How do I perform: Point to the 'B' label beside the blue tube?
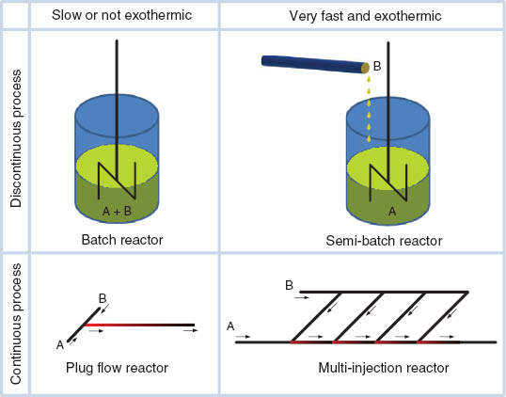tap(377, 66)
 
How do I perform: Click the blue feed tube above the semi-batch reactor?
tap(311, 64)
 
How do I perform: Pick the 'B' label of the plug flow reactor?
tap(103, 298)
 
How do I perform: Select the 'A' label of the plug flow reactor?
tap(60, 344)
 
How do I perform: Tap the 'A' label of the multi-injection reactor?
tap(230, 326)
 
